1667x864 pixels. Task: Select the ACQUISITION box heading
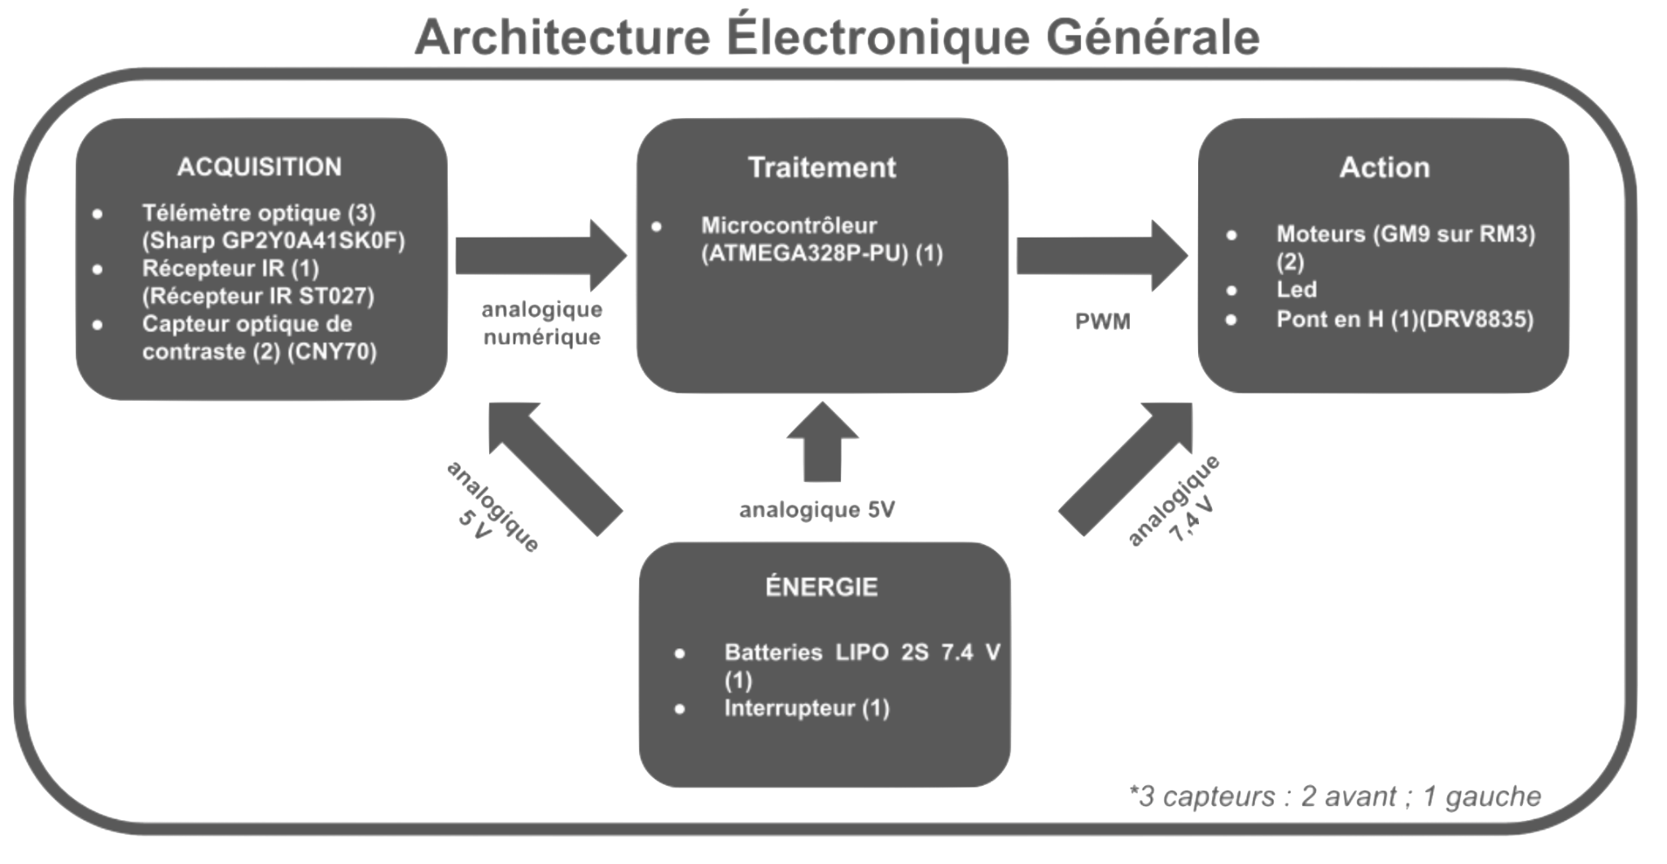point(260,167)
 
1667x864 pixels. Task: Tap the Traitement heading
point(822,167)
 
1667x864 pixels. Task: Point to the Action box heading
point(1385,167)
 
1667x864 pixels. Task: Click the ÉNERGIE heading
point(821,586)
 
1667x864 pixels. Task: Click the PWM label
point(1103,322)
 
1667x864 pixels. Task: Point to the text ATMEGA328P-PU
point(806,254)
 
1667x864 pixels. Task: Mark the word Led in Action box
point(1297,289)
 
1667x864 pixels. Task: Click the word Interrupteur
point(790,708)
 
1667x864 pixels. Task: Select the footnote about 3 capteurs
point(1335,796)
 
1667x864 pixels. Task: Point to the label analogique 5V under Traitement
point(816,510)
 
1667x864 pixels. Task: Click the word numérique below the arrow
point(541,336)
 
